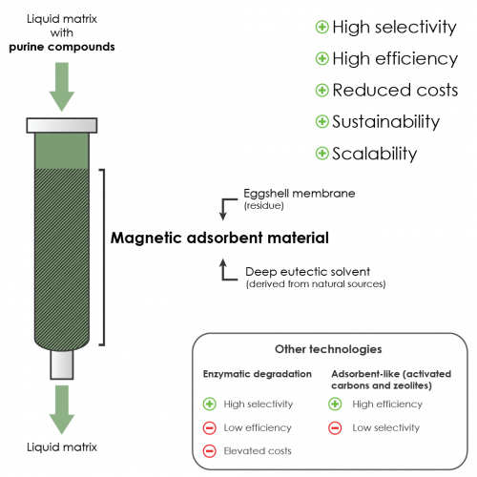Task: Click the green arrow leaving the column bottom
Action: [x=61, y=408]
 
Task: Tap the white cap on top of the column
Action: [x=61, y=124]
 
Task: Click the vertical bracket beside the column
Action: [x=102, y=256]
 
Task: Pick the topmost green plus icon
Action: [x=322, y=27]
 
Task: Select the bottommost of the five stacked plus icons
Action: [x=322, y=153]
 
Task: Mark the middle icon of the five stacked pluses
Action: [x=322, y=90]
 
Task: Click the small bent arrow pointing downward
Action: [x=226, y=208]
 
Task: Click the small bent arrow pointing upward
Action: [x=226, y=268]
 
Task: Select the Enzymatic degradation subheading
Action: [x=258, y=373]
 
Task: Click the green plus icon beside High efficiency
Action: [x=335, y=404]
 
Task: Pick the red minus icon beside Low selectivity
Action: [x=335, y=427]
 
